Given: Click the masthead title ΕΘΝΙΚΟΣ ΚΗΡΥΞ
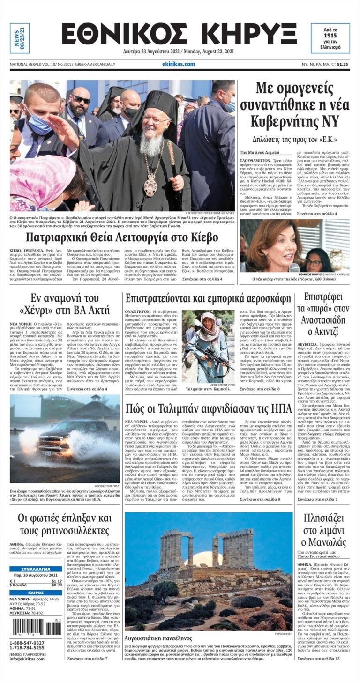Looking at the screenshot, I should pos(180,36).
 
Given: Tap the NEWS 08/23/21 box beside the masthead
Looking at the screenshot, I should pos(19,38).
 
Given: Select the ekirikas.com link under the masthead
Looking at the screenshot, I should pos(178,64).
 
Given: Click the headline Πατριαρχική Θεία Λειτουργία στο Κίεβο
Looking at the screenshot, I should pos(122,237).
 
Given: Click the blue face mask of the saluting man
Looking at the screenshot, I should pos(40,125).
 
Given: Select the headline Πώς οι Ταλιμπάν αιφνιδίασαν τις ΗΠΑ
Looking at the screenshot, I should pos(209,409).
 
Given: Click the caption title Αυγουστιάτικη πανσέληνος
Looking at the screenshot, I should pos(158,638).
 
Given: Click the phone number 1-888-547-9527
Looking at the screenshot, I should pos(27,643).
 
